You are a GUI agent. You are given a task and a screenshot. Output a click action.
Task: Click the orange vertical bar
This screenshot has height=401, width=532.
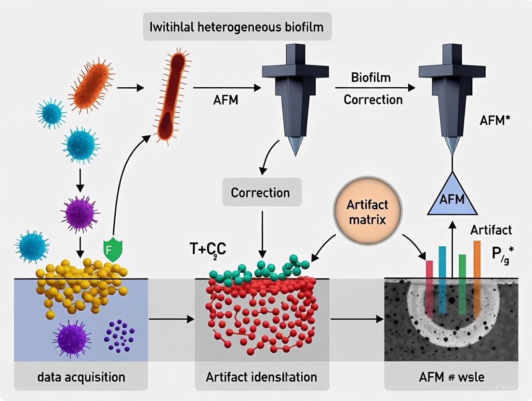tap(477, 260)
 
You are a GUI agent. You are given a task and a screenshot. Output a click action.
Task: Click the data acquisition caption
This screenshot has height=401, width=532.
tap(81, 376)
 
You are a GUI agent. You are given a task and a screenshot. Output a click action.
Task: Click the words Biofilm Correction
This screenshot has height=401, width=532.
tap(372, 89)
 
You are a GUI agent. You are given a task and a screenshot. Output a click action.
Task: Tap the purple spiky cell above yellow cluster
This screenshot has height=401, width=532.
tap(80, 211)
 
